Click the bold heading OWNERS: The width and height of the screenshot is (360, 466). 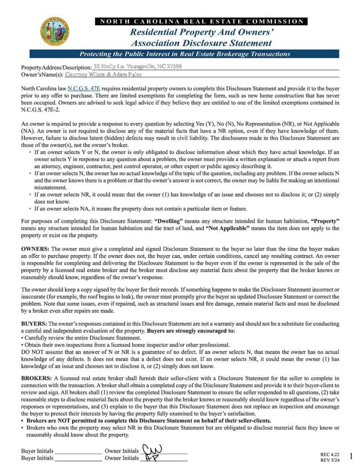click(35, 249)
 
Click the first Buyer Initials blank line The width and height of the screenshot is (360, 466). click(78, 451)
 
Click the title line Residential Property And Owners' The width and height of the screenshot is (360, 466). click(202, 32)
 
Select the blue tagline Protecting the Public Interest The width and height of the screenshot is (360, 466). click(185, 54)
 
